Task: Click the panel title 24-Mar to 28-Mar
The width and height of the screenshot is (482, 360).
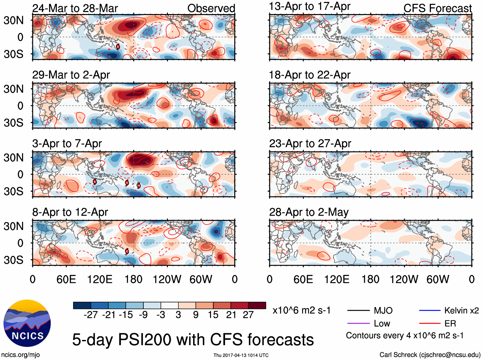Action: coord(75,8)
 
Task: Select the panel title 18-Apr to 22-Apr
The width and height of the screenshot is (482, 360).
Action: coord(310,75)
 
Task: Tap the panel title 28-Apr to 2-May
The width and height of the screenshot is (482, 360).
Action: coord(309,212)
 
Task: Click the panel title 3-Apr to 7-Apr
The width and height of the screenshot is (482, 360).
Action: coord(67,144)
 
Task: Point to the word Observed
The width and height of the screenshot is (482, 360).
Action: coord(211,8)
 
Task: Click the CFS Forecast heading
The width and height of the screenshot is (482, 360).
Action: coord(437,8)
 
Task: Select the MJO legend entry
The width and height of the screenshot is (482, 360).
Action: coord(370,310)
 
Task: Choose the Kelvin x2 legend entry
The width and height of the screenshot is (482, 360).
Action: coord(449,310)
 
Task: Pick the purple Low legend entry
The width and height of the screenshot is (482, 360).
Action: coord(369,324)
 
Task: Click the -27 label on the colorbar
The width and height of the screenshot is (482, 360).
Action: coord(91,315)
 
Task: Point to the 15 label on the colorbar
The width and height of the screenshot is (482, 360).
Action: coord(213,315)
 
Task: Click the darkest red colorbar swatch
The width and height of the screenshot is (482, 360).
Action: coord(257,305)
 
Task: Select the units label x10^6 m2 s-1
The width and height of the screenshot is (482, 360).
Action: coord(301,310)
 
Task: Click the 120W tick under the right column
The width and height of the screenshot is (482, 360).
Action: coord(404,280)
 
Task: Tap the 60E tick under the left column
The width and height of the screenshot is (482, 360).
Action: coord(66,280)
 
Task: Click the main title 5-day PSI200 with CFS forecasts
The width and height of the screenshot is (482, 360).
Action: coord(193,340)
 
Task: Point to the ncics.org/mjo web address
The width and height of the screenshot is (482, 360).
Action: coord(20,355)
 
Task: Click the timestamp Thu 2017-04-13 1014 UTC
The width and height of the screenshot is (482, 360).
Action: coord(241,355)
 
